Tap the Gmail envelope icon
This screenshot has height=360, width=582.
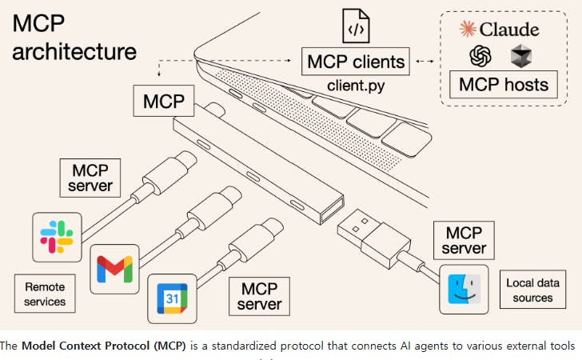click(114, 269)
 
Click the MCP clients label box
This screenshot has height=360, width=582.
click(357, 60)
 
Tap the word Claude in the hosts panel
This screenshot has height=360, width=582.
click(509, 30)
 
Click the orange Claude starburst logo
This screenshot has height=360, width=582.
click(468, 30)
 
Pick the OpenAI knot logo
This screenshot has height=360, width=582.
click(479, 56)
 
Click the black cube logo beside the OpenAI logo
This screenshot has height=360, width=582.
click(520, 56)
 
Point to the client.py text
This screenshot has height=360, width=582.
click(357, 83)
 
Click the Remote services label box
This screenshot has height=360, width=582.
click(45, 294)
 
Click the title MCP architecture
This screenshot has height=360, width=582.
click(74, 38)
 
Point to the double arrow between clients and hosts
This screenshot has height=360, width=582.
click(426, 60)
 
